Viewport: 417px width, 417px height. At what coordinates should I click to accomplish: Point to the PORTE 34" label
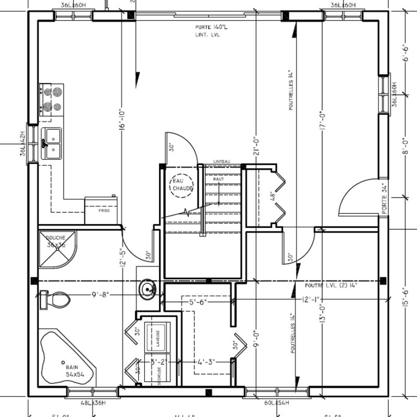click(x=385, y=198)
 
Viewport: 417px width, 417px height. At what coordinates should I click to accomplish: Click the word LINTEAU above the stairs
click(x=222, y=162)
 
